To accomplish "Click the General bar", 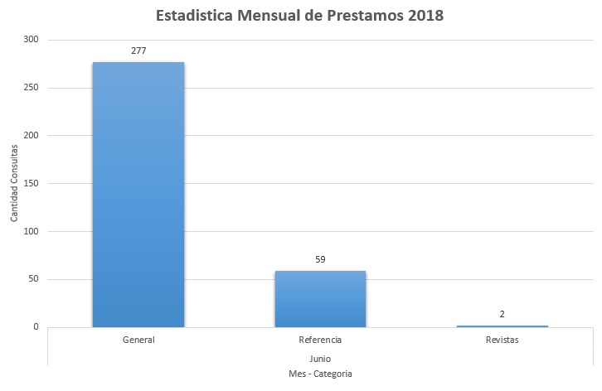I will (x=138, y=195).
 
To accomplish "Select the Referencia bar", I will (x=320, y=298).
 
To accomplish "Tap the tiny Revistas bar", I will (x=502, y=326).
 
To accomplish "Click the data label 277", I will (x=138, y=51).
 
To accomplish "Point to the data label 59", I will (x=320, y=259).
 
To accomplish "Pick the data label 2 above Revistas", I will (x=502, y=314).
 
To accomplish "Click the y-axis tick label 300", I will (x=31, y=40).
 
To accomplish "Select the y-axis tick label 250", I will (x=31, y=88).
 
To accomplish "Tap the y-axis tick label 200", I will (x=31, y=136).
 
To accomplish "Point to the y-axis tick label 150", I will (x=31, y=184).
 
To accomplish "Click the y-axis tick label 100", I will (x=31, y=231).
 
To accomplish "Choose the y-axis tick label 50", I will (x=33, y=279).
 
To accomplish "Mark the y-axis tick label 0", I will (x=36, y=327).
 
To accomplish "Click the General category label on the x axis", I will (x=138, y=340).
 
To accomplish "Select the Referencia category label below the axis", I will (x=320, y=340).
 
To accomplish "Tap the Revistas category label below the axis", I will (x=502, y=340).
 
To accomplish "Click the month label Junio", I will (x=320, y=358).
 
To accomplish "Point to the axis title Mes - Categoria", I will (x=320, y=374).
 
